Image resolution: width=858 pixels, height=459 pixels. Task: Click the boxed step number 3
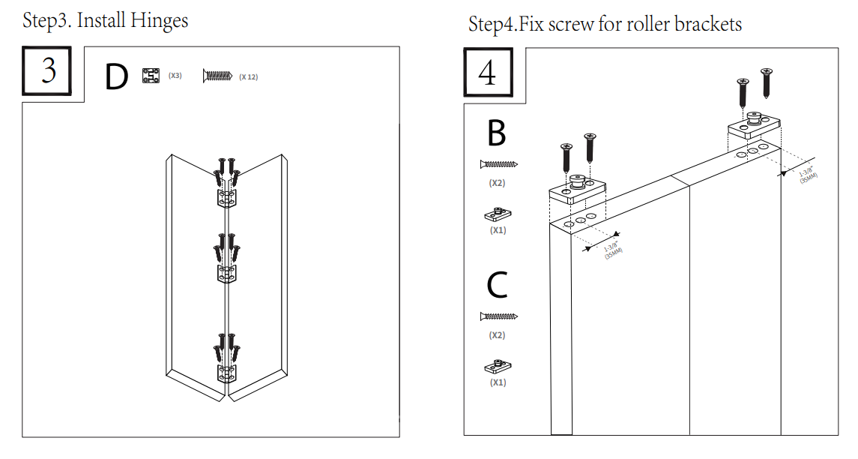tap(47, 70)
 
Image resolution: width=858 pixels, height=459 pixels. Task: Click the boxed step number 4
tap(488, 73)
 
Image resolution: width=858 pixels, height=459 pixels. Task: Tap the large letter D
tap(116, 78)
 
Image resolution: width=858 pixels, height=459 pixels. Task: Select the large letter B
tap(496, 133)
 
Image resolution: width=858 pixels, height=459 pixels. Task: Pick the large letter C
tap(497, 285)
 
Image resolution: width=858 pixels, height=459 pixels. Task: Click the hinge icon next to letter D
tap(151, 76)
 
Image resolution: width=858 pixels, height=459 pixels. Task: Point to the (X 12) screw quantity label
tap(249, 76)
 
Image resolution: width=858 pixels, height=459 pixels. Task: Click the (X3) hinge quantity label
tap(175, 76)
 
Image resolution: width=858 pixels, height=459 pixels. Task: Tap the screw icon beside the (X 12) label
tap(218, 75)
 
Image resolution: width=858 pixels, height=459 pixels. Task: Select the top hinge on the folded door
tap(228, 198)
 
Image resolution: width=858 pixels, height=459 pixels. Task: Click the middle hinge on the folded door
tap(228, 274)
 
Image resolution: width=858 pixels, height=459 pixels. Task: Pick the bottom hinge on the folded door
tap(228, 373)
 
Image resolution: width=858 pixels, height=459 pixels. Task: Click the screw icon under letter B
tap(499, 164)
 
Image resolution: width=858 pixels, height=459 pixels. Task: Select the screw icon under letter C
tap(499, 316)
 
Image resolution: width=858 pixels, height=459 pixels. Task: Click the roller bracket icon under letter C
tap(497, 367)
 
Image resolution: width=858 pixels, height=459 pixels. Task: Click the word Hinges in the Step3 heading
tap(159, 20)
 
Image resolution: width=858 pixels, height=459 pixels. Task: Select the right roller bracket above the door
tap(755, 126)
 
